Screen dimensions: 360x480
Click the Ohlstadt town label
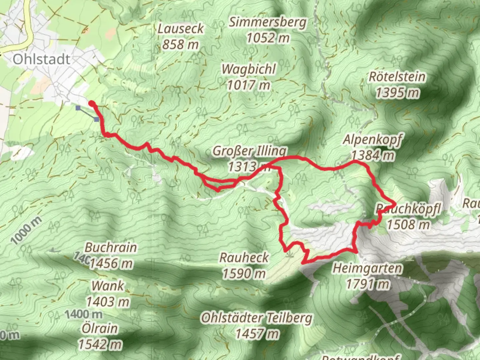click(x=42, y=59)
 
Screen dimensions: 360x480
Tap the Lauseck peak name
click(x=180, y=29)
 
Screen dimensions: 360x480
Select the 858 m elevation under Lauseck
click(x=180, y=44)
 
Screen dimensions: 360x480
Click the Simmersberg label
click(x=267, y=22)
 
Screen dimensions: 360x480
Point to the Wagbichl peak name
click(x=249, y=69)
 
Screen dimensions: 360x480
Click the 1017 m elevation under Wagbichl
click(x=248, y=85)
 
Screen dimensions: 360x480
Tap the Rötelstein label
click(x=397, y=77)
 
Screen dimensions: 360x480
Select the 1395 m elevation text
click(x=397, y=93)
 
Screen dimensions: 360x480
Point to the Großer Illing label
click(x=249, y=151)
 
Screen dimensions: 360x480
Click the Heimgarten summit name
click(x=367, y=268)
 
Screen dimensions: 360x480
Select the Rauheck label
click(x=244, y=258)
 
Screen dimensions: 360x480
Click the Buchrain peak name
click(x=111, y=248)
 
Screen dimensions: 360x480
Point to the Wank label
click(x=107, y=286)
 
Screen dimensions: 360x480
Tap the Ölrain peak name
click(x=100, y=329)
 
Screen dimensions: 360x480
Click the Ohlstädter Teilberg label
click(x=257, y=318)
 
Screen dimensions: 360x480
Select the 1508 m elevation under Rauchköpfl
click(x=408, y=225)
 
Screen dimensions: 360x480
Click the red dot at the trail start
click(x=91, y=103)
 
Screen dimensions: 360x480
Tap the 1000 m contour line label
click(x=27, y=231)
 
